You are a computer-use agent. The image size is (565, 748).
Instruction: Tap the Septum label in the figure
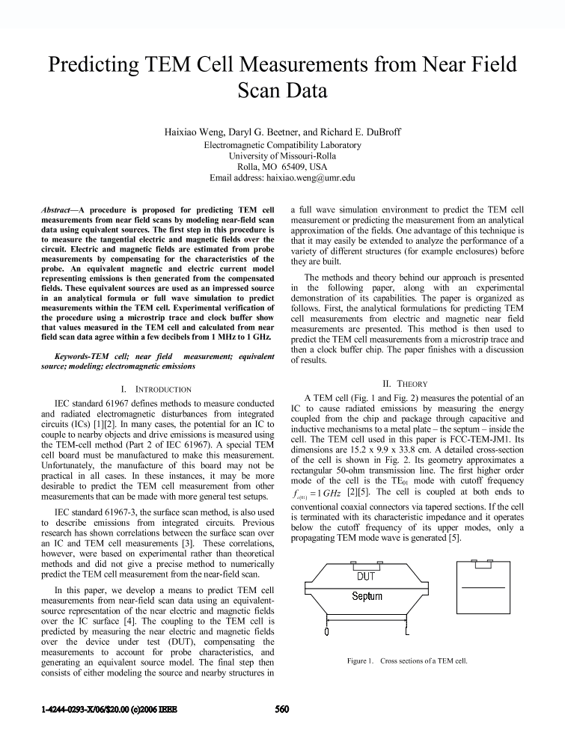coord(367,596)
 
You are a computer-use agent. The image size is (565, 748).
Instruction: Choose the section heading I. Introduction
coord(156,389)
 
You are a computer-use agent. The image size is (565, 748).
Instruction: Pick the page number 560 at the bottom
coord(281,710)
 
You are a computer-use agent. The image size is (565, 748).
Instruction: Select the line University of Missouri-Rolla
coord(282,156)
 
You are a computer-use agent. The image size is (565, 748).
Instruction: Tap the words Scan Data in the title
coord(282,91)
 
